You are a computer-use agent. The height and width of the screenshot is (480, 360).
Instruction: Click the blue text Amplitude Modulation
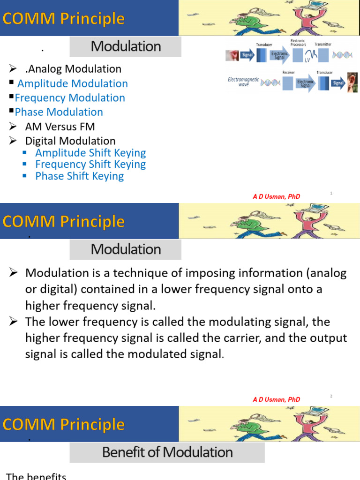click(x=72, y=83)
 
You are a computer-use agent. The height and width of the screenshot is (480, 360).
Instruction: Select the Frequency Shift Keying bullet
click(x=90, y=164)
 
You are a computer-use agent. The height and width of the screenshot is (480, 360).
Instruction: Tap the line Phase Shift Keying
click(x=79, y=176)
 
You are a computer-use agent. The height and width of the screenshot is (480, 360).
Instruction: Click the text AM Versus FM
click(x=60, y=127)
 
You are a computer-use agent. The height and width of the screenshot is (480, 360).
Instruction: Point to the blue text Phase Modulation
click(x=59, y=112)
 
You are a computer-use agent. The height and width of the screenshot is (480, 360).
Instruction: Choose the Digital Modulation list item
click(x=70, y=141)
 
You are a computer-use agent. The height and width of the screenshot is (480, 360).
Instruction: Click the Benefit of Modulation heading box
click(x=167, y=452)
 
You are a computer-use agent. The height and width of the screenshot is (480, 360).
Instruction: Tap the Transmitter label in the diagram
click(x=322, y=45)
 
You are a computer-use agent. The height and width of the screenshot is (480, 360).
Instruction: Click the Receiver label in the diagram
click(x=288, y=72)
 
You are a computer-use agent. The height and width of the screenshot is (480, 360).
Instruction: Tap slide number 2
click(x=331, y=396)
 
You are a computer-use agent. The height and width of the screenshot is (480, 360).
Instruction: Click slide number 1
click(x=331, y=193)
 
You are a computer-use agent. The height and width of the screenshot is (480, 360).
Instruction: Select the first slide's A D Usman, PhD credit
click(x=276, y=197)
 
